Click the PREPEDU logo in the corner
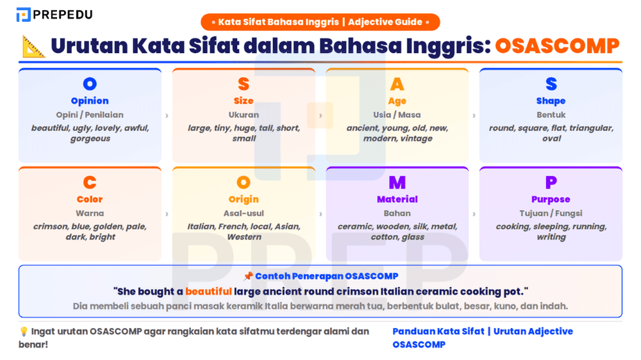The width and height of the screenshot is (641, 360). pos(54,14)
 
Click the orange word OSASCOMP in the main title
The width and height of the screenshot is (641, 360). pos(557,46)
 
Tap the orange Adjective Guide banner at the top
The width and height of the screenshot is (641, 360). pos(320,22)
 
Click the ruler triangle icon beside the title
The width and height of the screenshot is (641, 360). pos(33,46)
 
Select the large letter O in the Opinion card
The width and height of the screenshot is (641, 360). pos(90,84)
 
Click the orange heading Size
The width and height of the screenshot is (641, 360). pos(244,101)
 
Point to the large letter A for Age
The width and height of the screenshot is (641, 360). pos(397,84)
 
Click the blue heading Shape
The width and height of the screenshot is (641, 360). pos(551,101)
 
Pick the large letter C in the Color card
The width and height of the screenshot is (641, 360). pos(90,183)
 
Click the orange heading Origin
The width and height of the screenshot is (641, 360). pos(244,199)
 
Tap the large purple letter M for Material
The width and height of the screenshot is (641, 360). pos(397,183)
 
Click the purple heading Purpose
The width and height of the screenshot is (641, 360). pos(551,199)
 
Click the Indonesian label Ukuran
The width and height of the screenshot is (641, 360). pos(244,115)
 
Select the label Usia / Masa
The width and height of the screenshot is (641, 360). pos(397,115)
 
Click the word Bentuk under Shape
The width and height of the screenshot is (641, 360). pos(551,115)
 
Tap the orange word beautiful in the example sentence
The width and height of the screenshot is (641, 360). pos(208,291)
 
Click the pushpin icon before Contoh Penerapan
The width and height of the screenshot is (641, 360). pos(248,277)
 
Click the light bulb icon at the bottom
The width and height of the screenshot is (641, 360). pos(24,331)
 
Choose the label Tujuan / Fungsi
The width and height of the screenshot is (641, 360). pos(551,213)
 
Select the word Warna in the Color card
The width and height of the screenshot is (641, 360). pos(90,213)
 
